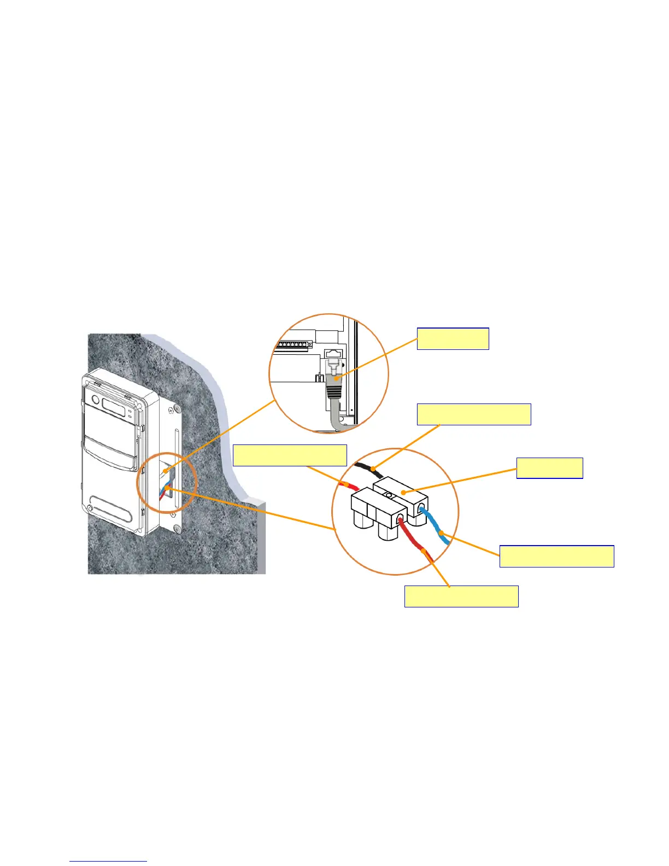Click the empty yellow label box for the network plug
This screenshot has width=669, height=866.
[x=453, y=338]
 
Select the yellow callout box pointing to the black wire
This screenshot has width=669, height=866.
[x=473, y=414]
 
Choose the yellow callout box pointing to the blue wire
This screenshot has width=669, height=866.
[x=556, y=556]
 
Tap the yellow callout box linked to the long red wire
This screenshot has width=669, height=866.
[x=461, y=596]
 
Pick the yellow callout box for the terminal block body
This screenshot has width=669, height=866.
[x=549, y=468]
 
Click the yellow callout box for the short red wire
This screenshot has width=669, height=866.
[x=290, y=455]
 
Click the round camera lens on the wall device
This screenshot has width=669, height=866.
[x=95, y=400]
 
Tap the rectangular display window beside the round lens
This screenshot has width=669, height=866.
[x=114, y=407]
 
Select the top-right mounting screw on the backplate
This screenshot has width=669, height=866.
[x=178, y=409]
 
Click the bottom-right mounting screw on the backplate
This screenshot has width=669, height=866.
[x=177, y=529]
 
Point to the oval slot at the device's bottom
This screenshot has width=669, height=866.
[x=111, y=511]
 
